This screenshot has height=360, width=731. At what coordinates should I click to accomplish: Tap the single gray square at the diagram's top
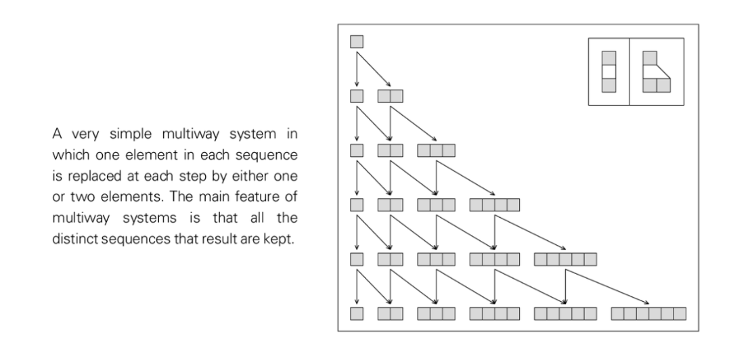point(357,41)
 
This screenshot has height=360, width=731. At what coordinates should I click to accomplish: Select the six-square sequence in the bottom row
point(648,313)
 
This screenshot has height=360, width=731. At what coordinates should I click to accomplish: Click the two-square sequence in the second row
point(390,96)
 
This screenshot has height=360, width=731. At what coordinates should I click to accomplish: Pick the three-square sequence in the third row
point(437,150)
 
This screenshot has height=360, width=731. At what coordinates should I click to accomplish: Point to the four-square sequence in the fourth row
point(495,204)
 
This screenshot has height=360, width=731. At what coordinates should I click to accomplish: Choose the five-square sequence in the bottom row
point(566,313)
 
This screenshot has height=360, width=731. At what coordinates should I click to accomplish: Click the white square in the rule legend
point(608,71)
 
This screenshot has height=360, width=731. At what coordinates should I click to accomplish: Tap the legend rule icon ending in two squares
point(655,72)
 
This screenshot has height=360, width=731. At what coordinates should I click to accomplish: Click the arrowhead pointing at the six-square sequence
point(648,302)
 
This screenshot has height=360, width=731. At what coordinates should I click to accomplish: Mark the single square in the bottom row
point(357,313)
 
